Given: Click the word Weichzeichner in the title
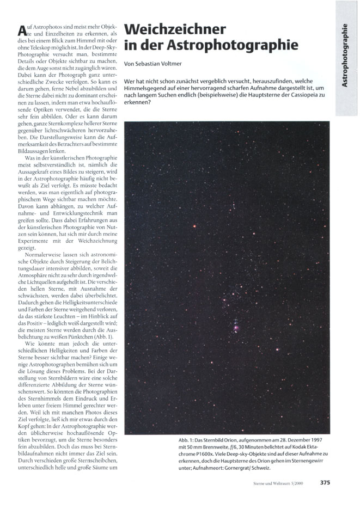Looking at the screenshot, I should tap(175, 29).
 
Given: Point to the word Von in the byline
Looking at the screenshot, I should tap(129, 64).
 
